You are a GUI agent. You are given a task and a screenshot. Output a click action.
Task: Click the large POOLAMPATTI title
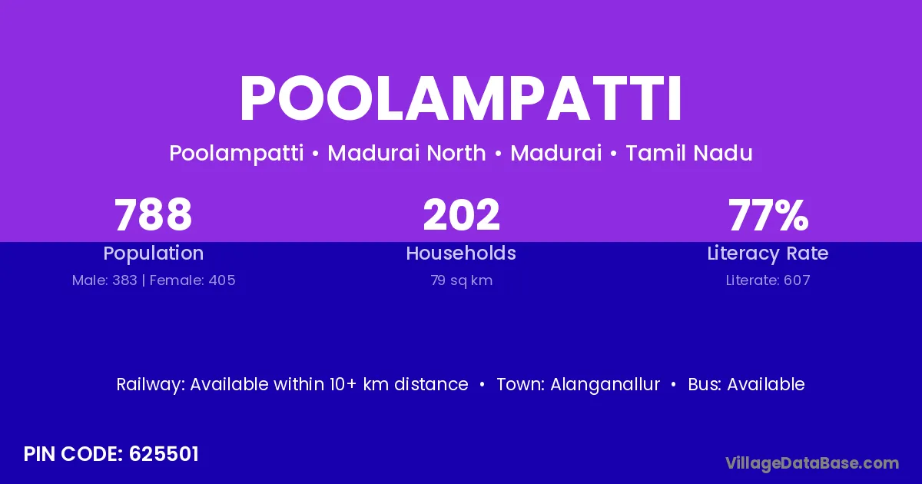click(x=460, y=98)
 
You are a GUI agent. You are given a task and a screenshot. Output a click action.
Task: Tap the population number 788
click(x=153, y=214)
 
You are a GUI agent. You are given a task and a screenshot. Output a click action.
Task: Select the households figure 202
click(x=461, y=214)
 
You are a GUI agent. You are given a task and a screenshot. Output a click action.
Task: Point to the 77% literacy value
click(x=768, y=214)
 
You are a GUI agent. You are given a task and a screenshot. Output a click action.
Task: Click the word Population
click(x=154, y=253)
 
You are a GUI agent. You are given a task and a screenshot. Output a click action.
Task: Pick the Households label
click(x=461, y=253)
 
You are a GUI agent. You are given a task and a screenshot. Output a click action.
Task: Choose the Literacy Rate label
click(x=768, y=254)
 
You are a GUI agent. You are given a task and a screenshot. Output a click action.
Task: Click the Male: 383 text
click(x=104, y=280)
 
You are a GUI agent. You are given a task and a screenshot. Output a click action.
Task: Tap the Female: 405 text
click(x=192, y=280)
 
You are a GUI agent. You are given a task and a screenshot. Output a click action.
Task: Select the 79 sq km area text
click(x=462, y=280)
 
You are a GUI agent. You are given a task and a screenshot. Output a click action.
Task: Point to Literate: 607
click(x=768, y=280)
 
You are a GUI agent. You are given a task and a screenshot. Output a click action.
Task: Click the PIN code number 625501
click(x=164, y=454)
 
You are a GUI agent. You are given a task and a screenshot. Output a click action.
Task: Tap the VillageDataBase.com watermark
click(x=812, y=463)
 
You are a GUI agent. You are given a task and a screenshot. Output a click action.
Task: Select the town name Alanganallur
click(x=605, y=384)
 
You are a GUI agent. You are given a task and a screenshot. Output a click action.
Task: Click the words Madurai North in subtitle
click(x=406, y=153)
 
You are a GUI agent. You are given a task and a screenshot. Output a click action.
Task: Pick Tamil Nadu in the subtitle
click(x=689, y=153)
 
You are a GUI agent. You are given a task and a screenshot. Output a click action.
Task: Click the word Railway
click(x=151, y=385)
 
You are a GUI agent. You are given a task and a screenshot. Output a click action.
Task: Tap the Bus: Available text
click(x=746, y=384)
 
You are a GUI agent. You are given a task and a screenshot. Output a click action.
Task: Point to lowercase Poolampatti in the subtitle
click(x=237, y=154)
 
